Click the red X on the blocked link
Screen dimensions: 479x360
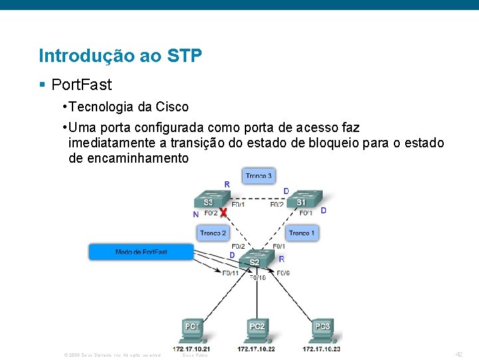tap(224, 212)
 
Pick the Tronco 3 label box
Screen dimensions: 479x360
tap(259, 176)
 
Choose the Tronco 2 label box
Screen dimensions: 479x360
tap(213, 233)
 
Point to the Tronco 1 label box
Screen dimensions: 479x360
tap(302, 233)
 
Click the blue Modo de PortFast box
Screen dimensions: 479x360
tap(141, 252)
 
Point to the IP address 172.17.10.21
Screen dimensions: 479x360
tap(192, 349)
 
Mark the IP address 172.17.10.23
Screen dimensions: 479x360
tap(322, 349)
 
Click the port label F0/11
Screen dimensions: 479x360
tap(231, 273)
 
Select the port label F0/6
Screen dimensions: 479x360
tap(283, 273)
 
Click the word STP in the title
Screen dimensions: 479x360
tap(186, 56)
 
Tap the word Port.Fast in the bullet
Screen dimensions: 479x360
tap(82, 85)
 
